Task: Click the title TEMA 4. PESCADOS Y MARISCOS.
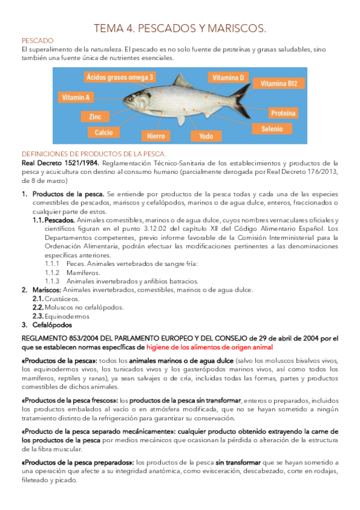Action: [x=180, y=28]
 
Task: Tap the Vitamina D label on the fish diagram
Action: [x=228, y=78]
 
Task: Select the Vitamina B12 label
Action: [x=279, y=84]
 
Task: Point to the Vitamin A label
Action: [x=75, y=97]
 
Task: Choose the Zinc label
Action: [x=95, y=116]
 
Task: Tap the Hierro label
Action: [x=151, y=136]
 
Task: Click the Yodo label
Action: [x=206, y=136]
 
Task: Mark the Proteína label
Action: [x=282, y=112]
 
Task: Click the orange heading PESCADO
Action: [x=37, y=40]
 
